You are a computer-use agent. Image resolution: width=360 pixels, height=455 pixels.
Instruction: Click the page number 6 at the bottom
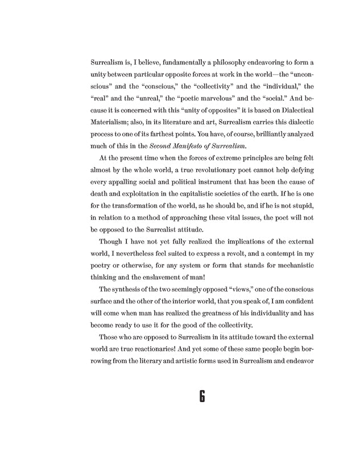point(201,396)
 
